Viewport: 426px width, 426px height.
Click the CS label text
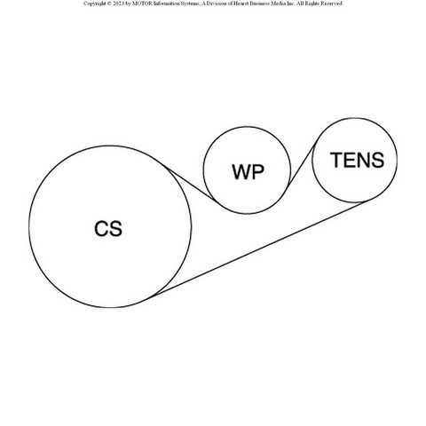pos(108,228)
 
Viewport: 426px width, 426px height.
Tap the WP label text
pos(248,172)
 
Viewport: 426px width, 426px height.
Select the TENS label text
pos(357,160)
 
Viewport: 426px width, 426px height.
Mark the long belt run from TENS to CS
pos(257,249)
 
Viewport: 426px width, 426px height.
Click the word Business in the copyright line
pos(263,4)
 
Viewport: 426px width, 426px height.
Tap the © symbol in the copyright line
pos(109,4)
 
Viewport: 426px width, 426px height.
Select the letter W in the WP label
pos(241,172)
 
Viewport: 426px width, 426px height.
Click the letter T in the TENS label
pos(336,160)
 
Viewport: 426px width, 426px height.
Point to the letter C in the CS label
pos(101,228)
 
